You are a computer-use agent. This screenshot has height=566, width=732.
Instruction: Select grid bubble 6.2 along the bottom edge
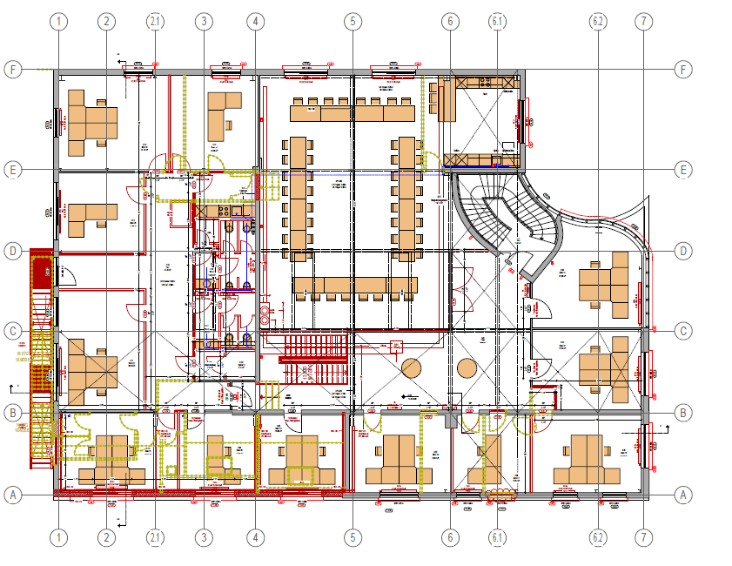[x=597, y=537]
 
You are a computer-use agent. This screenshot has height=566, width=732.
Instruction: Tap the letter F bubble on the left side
[x=12, y=70]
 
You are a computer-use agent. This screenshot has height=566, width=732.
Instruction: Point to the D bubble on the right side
[x=683, y=252]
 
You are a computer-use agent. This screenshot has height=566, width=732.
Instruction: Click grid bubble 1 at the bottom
[x=58, y=537]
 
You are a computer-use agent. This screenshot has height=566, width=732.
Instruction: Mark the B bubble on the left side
[x=12, y=412]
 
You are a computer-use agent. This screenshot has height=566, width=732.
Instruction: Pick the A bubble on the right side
[x=683, y=495]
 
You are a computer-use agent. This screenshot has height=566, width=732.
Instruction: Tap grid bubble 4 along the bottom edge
[x=254, y=537]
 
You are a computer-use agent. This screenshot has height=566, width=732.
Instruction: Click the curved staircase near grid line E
[x=505, y=213]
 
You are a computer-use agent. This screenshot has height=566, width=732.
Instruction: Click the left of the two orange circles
[x=411, y=368]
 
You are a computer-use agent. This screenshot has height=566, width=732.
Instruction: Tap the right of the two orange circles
[x=467, y=368]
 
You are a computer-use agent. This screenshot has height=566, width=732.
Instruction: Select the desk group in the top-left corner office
[x=93, y=122]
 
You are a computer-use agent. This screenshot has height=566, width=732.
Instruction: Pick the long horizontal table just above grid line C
[x=355, y=286]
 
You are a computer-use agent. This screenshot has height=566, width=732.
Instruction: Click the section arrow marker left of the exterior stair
[x=11, y=387]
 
